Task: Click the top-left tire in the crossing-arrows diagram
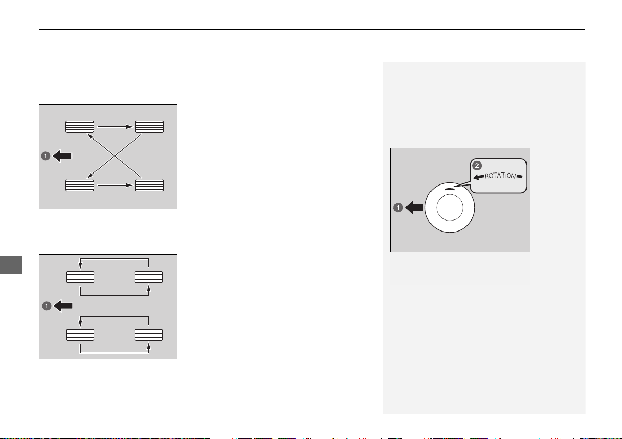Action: pos(80,126)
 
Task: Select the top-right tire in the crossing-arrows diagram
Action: pos(150,126)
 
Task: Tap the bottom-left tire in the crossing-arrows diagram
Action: pos(80,186)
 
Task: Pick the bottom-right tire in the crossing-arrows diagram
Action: pos(150,186)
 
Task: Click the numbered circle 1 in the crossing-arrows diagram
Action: pos(45,156)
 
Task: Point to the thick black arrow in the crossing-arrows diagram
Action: pos(62,156)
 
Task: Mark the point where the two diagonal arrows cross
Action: pos(115,156)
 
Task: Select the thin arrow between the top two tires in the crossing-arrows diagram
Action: pos(115,126)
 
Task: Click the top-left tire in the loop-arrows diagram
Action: pos(80,277)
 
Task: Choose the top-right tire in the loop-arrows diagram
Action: pos(149,277)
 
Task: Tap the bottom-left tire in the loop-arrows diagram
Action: pos(80,335)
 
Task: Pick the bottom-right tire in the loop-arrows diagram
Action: pos(149,335)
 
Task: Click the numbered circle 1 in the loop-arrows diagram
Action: pos(47,306)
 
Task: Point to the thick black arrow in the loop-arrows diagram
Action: pos(63,306)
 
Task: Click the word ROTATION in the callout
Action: pos(500,176)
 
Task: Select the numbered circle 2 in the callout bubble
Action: pos(477,166)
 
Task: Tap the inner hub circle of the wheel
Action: pos(450,208)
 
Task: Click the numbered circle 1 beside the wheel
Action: pos(398,207)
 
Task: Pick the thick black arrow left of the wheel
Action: pos(414,207)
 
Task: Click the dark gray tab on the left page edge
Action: pos(11,264)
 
